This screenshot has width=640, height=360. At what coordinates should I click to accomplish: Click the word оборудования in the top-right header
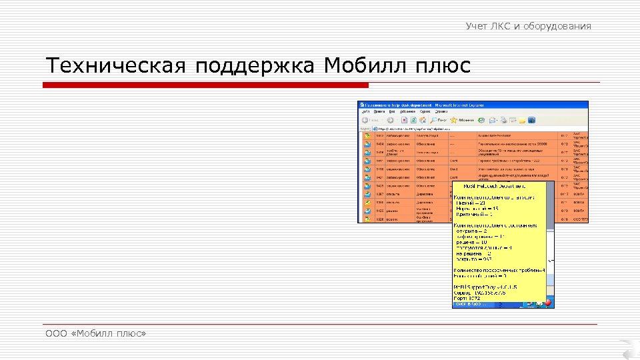[558, 26]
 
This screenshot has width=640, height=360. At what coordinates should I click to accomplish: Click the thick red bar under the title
[205, 85]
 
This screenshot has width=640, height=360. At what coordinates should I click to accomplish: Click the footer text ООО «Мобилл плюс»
[95, 333]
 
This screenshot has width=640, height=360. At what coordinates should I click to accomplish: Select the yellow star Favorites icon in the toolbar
[453, 120]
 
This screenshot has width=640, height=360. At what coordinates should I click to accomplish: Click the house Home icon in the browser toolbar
[423, 120]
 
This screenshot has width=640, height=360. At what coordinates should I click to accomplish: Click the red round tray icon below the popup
[548, 303]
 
